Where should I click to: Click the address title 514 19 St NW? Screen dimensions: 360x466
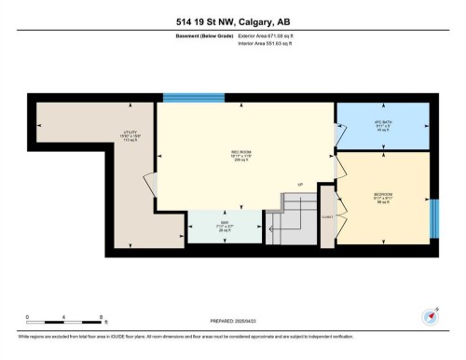pyautogui.click(x=233, y=22)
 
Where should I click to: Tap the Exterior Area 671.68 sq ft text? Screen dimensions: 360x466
pyautogui.click(x=273, y=36)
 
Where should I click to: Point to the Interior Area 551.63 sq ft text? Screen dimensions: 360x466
pyautogui.click(x=272, y=44)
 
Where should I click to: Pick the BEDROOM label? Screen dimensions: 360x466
pyautogui.click(x=382, y=196)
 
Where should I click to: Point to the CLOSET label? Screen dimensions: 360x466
pyautogui.click(x=326, y=215)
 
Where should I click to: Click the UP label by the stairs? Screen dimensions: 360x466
pyautogui.click(x=300, y=184)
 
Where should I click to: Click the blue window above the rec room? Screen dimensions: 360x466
pyautogui.click(x=187, y=98)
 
